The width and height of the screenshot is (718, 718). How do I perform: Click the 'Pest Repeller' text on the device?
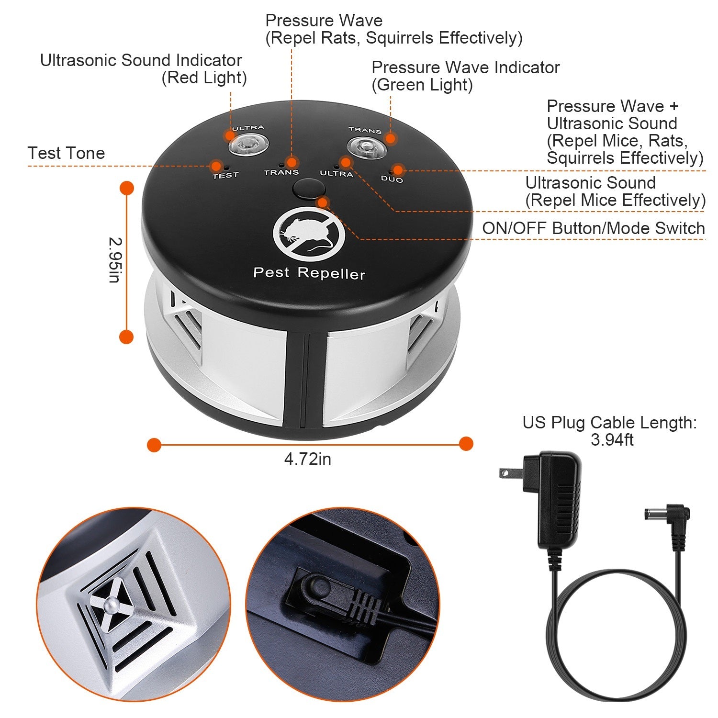tap(309, 273)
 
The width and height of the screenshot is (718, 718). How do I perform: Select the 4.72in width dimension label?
tap(307, 459)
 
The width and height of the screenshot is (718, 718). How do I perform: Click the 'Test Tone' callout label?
tap(66, 153)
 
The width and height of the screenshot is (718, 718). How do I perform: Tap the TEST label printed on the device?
tap(225, 175)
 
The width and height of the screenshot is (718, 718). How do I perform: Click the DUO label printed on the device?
tap(392, 179)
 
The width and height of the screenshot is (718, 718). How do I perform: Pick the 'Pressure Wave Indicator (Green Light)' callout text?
tap(465, 76)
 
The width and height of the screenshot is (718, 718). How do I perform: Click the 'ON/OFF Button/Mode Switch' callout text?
tap(593, 228)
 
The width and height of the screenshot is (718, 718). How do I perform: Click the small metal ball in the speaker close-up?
tap(111, 606)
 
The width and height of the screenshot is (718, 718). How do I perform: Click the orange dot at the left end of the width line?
tap(154, 445)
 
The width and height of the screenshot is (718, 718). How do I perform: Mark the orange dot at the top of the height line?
tap(126, 188)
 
